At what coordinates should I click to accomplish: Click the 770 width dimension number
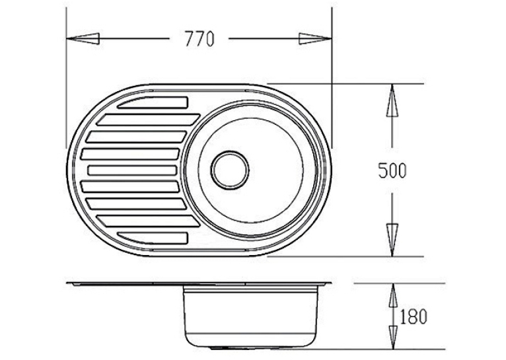point(199,39)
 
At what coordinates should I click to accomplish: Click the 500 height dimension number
point(392,170)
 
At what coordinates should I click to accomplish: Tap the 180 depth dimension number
point(414,316)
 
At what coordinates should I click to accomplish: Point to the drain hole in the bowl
point(230,170)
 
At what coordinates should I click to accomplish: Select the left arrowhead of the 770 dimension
point(83,39)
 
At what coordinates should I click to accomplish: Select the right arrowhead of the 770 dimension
point(315,39)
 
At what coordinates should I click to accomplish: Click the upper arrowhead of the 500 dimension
point(392,100)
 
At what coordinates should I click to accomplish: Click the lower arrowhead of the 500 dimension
point(392,240)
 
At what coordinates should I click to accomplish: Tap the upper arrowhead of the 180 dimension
point(393,295)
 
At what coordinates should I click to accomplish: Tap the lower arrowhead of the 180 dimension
point(393,338)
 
